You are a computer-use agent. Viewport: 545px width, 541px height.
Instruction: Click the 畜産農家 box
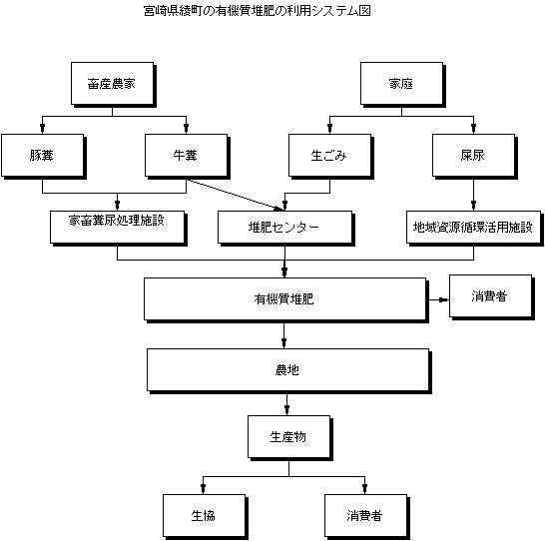(x=112, y=84)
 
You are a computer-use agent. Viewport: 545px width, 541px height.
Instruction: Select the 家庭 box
(x=402, y=84)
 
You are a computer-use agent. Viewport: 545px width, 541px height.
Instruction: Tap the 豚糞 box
(x=42, y=156)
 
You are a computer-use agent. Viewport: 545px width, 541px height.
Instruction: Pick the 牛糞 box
(x=187, y=156)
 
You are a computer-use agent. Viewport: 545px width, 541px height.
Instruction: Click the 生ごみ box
(x=329, y=156)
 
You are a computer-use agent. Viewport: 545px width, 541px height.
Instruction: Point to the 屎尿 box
(x=473, y=156)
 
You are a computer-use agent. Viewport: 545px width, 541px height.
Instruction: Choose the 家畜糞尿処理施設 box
(x=117, y=227)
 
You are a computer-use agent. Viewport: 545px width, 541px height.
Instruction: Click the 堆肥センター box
(x=285, y=227)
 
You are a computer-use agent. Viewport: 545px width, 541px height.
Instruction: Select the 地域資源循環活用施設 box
(x=474, y=227)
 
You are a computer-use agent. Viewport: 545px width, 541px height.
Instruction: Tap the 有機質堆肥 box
(x=284, y=299)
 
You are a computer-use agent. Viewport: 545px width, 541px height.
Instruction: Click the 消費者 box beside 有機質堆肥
(x=490, y=296)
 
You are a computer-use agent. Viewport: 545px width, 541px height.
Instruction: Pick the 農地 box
(x=287, y=370)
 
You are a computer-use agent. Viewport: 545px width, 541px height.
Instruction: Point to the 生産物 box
(x=288, y=437)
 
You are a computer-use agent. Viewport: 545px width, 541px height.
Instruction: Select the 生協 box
(x=204, y=516)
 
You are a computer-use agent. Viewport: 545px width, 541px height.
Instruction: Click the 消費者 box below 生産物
(x=365, y=516)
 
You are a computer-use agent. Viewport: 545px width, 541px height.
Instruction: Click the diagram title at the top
(x=257, y=11)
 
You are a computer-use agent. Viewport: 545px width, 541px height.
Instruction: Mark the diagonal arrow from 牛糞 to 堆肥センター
(x=236, y=196)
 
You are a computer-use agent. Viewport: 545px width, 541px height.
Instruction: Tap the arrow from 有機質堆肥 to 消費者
(x=438, y=299)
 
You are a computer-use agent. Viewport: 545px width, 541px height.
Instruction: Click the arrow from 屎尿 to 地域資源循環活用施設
(x=473, y=194)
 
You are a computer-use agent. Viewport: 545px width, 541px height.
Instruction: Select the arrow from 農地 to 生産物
(x=286, y=403)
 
